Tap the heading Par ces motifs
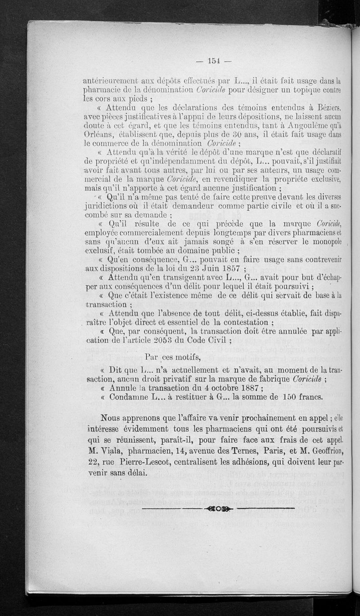pos(173,358)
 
